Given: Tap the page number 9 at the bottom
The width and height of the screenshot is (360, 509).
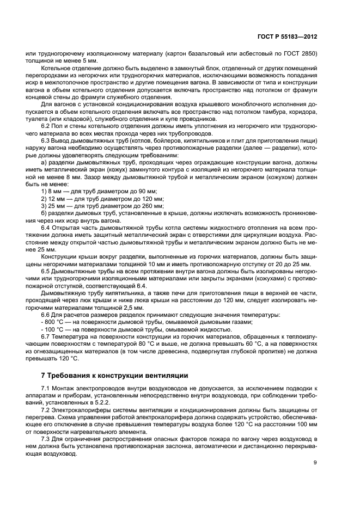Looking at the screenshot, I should coord(315,463).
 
